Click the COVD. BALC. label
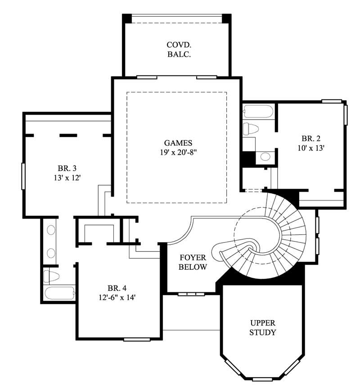tap(179, 49)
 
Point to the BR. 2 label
tap(310, 139)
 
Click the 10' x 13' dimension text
tap(310, 147)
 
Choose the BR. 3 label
tap(67, 169)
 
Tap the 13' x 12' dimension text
tap(67, 178)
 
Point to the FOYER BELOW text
tap(193, 263)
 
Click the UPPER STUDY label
tap(263, 328)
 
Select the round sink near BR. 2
tap(265, 156)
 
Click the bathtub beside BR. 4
tap(59, 293)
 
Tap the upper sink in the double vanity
tap(51, 230)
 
